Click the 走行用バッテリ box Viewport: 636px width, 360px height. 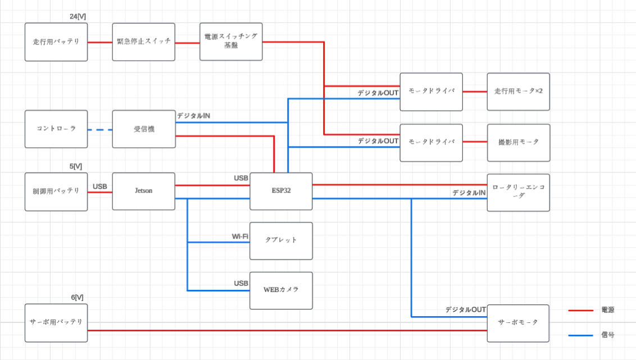tap(56, 42)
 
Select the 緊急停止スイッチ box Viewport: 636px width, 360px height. tap(143, 42)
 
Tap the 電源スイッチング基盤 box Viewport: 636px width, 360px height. tap(231, 42)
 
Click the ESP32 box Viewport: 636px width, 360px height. tap(281, 191)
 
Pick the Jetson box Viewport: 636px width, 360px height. tap(143, 191)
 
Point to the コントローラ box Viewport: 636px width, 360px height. tap(56, 129)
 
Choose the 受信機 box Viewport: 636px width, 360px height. tap(143, 129)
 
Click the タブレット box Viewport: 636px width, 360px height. tap(281, 240)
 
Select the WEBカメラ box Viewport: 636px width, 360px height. tap(281, 290)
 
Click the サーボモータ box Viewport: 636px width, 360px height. tap(518, 323)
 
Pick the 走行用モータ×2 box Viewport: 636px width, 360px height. tap(518, 92)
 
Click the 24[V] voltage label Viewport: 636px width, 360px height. tap(78, 17)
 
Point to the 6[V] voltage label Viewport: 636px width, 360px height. tap(76, 297)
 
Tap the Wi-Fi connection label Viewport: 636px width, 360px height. tap(240, 236)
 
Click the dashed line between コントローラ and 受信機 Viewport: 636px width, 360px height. tap(100, 130)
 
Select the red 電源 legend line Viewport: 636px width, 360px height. tap(580, 310)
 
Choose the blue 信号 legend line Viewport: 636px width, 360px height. tap(580, 335)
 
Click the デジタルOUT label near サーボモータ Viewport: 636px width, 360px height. tap(465, 309)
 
